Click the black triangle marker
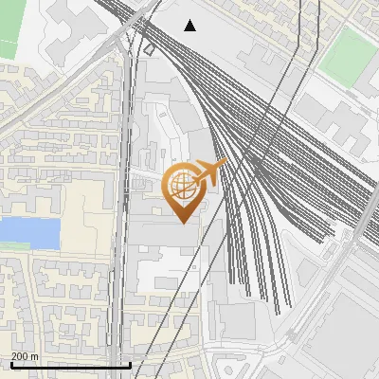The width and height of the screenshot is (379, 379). coord(190,26)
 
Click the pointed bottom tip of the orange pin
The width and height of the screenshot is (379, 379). coord(183,223)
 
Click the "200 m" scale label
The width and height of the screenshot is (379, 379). coord(26,356)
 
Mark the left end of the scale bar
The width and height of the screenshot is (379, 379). coord(10,365)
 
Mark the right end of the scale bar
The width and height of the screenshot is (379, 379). coord(130,365)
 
